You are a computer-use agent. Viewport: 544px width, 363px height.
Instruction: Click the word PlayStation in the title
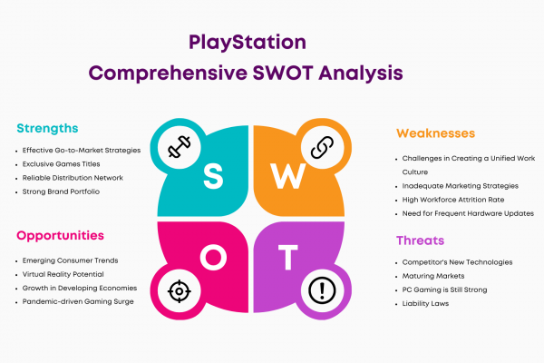click(248, 43)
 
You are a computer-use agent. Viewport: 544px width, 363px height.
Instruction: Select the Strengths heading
click(47, 129)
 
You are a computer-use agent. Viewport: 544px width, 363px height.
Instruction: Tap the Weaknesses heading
click(435, 133)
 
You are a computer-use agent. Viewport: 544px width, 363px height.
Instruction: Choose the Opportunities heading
click(60, 236)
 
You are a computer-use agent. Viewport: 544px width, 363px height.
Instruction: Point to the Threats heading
click(420, 240)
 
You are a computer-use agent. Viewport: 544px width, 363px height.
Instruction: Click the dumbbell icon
click(180, 147)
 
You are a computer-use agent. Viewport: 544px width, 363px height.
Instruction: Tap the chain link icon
click(322, 147)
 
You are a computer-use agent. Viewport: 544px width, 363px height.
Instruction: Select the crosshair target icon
click(179, 291)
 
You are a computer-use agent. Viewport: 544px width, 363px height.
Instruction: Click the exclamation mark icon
click(322, 290)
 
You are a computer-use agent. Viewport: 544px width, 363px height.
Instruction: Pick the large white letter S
click(213, 176)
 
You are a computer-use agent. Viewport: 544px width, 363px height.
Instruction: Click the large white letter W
click(288, 176)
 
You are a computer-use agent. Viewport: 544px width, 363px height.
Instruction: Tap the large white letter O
click(213, 257)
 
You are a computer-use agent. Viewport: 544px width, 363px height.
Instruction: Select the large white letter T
click(288, 257)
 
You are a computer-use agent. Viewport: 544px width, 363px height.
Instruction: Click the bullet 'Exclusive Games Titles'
click(61, 164)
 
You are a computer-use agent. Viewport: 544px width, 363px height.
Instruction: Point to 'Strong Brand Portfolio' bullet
click(61, 191)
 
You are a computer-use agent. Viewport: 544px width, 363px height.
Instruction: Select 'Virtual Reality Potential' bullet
click(63, 274)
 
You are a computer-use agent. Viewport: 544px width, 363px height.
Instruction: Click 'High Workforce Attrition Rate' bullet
click(453, 200)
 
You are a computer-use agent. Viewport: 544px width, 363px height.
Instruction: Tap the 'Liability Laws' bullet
click(425, 304)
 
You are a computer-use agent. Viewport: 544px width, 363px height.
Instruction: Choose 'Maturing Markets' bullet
click(433, 276)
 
